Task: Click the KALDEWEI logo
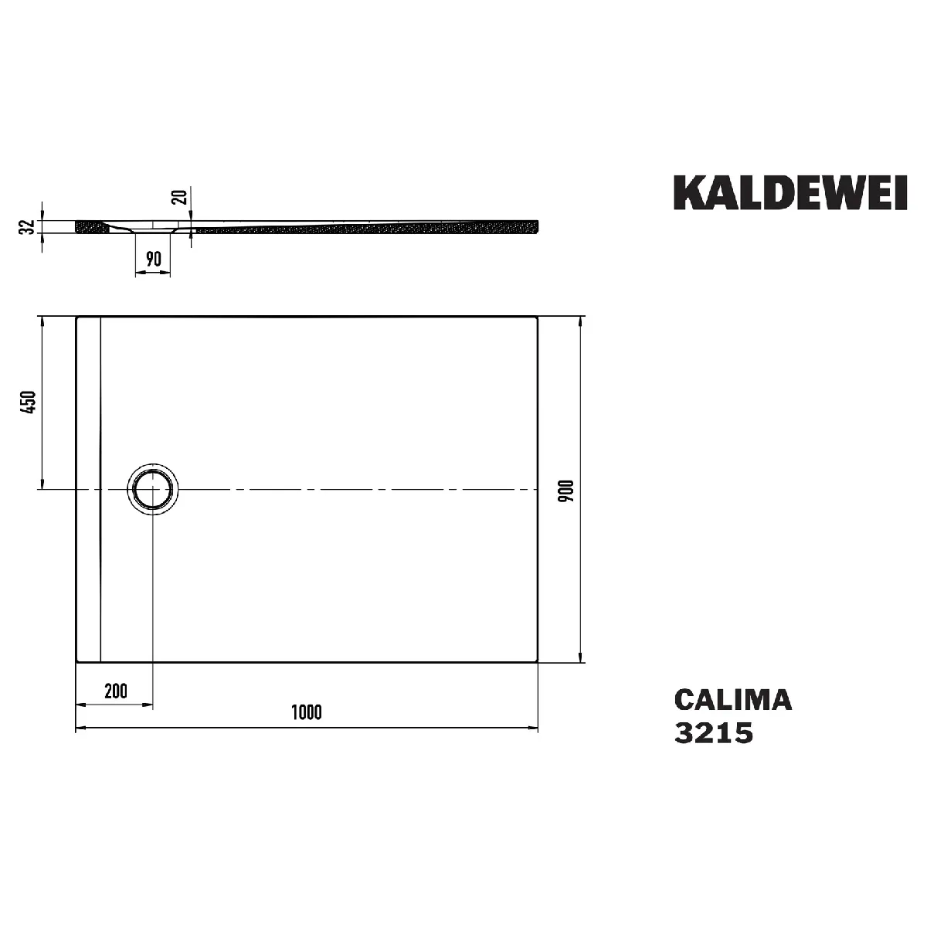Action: [790, 192]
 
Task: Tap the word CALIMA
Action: [732, 700]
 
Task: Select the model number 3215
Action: [714, 732]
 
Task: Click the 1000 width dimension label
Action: [307, 712]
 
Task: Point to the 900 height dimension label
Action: [566, 491]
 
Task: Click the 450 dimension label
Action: [29, 402]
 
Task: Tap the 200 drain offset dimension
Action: [115, 691]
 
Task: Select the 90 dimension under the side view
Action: [153, 258]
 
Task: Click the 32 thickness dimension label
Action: [27, 226]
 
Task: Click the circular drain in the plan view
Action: [154, 490]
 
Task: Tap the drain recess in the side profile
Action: [154, 229]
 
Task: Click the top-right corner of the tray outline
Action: [537, 316]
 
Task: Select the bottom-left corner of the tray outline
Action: [76, 661]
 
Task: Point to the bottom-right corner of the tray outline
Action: [537, 661]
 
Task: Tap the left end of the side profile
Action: [77, 226]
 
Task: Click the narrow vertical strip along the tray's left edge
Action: [89, 488]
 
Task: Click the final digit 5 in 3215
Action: [743, 732]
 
